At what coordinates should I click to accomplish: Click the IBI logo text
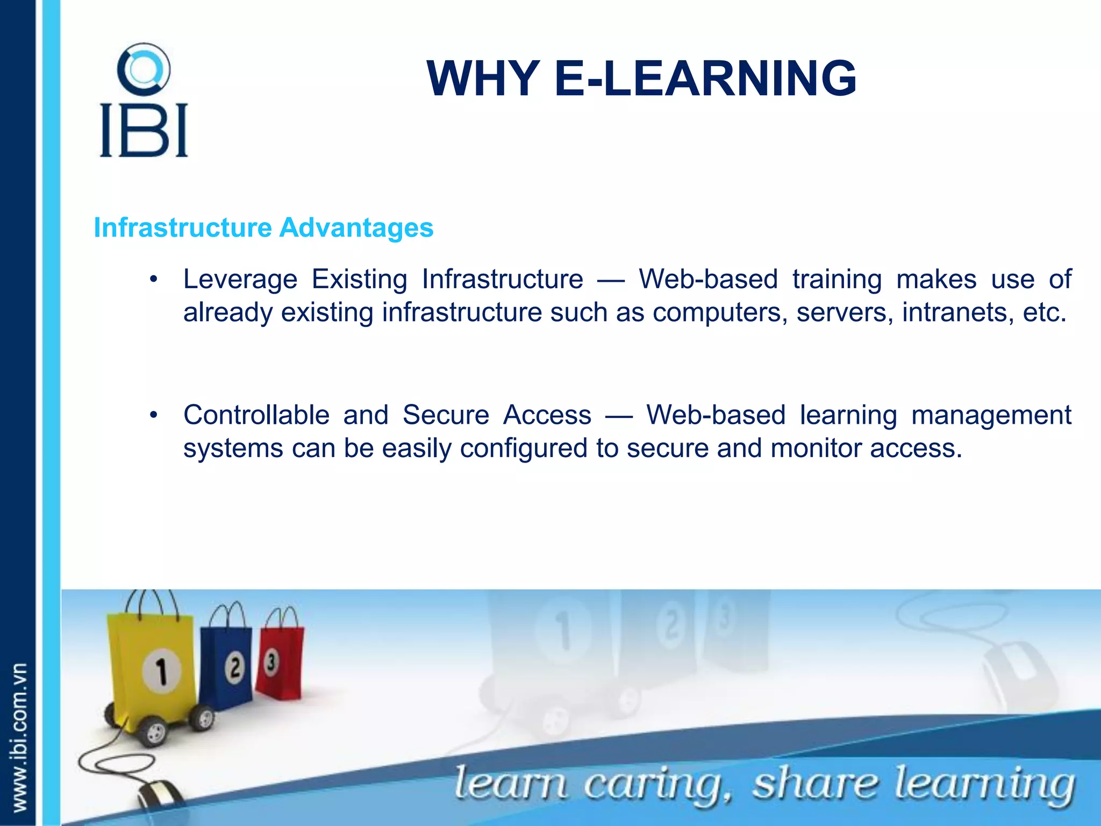click(144, 130)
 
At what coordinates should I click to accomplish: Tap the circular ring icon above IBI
click(144, 70)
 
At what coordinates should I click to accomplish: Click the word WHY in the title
click(483, 79)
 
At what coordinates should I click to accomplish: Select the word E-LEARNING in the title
click(705, 79)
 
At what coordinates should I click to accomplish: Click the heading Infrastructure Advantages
click(263, 227)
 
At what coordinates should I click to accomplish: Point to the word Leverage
click(240, 280)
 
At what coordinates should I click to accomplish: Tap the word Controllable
click(256, 416)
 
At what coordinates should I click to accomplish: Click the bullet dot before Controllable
click(154, 415)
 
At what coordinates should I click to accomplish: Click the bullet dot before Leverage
click(154, 279)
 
